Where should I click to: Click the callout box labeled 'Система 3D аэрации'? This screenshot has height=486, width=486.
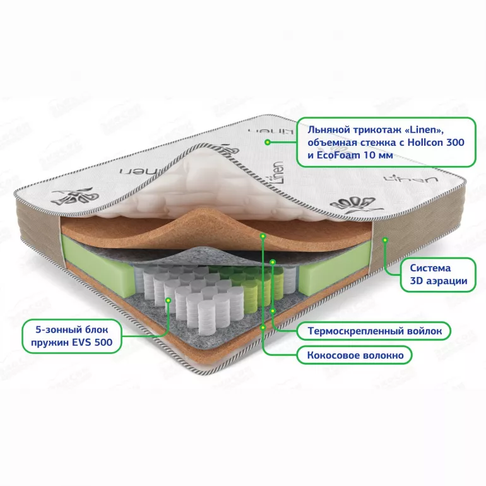[x=437, y=275]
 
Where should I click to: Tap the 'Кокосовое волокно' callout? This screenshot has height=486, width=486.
[x=355, y=355]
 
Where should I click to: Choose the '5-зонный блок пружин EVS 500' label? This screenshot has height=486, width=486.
[x=71, y=336]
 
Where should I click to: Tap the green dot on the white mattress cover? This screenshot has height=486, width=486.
[x=268, y=142]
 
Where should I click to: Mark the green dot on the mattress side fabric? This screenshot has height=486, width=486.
[x=385, y=240]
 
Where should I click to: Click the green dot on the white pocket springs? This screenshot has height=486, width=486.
[x=169, y=300]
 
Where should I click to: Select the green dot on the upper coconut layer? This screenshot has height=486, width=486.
[x=263, y=236]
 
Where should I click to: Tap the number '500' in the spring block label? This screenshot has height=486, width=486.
[x=104, y=343]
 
